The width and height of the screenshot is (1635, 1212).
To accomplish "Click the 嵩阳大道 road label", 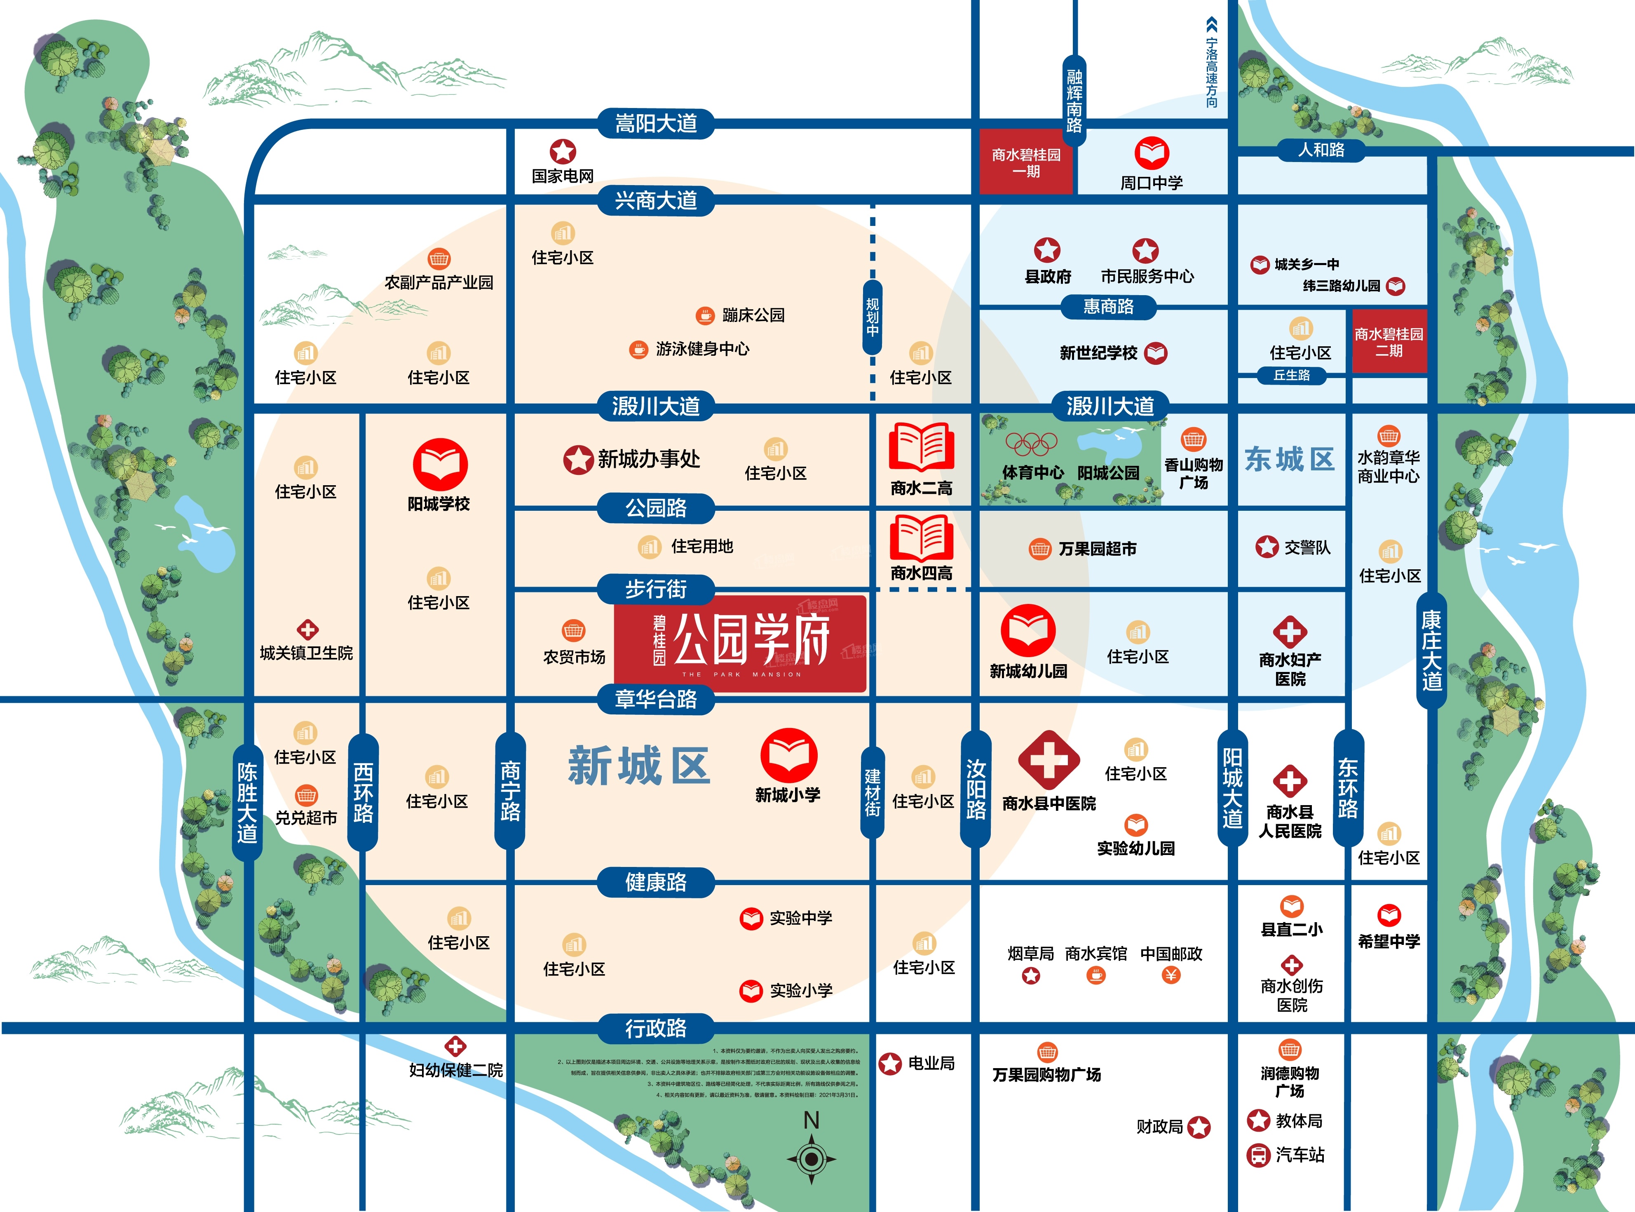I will [x=656, y=123].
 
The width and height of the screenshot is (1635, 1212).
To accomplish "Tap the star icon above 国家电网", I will [x=563, y=152].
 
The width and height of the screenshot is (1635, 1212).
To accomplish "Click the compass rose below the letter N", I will [x=811, y=1159].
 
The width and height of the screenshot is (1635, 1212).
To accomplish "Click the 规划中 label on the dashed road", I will [x=872, y=317].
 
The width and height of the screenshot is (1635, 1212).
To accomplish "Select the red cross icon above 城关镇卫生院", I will [x=307, y=629].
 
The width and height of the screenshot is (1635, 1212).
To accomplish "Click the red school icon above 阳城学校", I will [x=440, y=464].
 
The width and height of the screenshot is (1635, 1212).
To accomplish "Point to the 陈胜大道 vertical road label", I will [x=247, y=803].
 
